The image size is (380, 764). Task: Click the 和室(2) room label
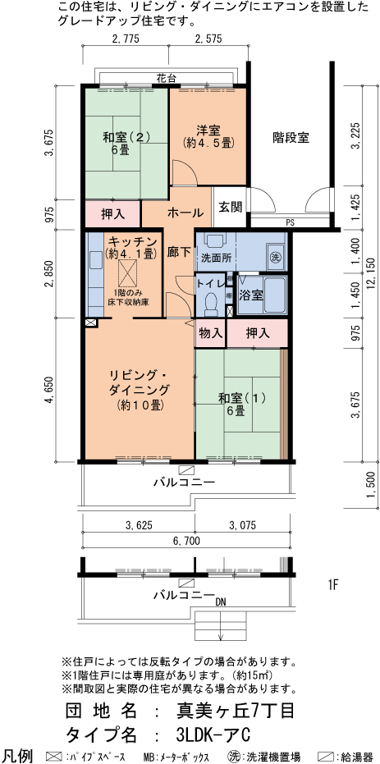tap(126, 138)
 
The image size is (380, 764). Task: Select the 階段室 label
tap(291, 138)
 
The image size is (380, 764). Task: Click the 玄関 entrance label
tap(230, 207)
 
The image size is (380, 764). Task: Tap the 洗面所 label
tap(216, 257)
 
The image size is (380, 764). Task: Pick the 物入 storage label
tap(210, 333)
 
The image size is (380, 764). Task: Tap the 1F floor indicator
tap(333, 585)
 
